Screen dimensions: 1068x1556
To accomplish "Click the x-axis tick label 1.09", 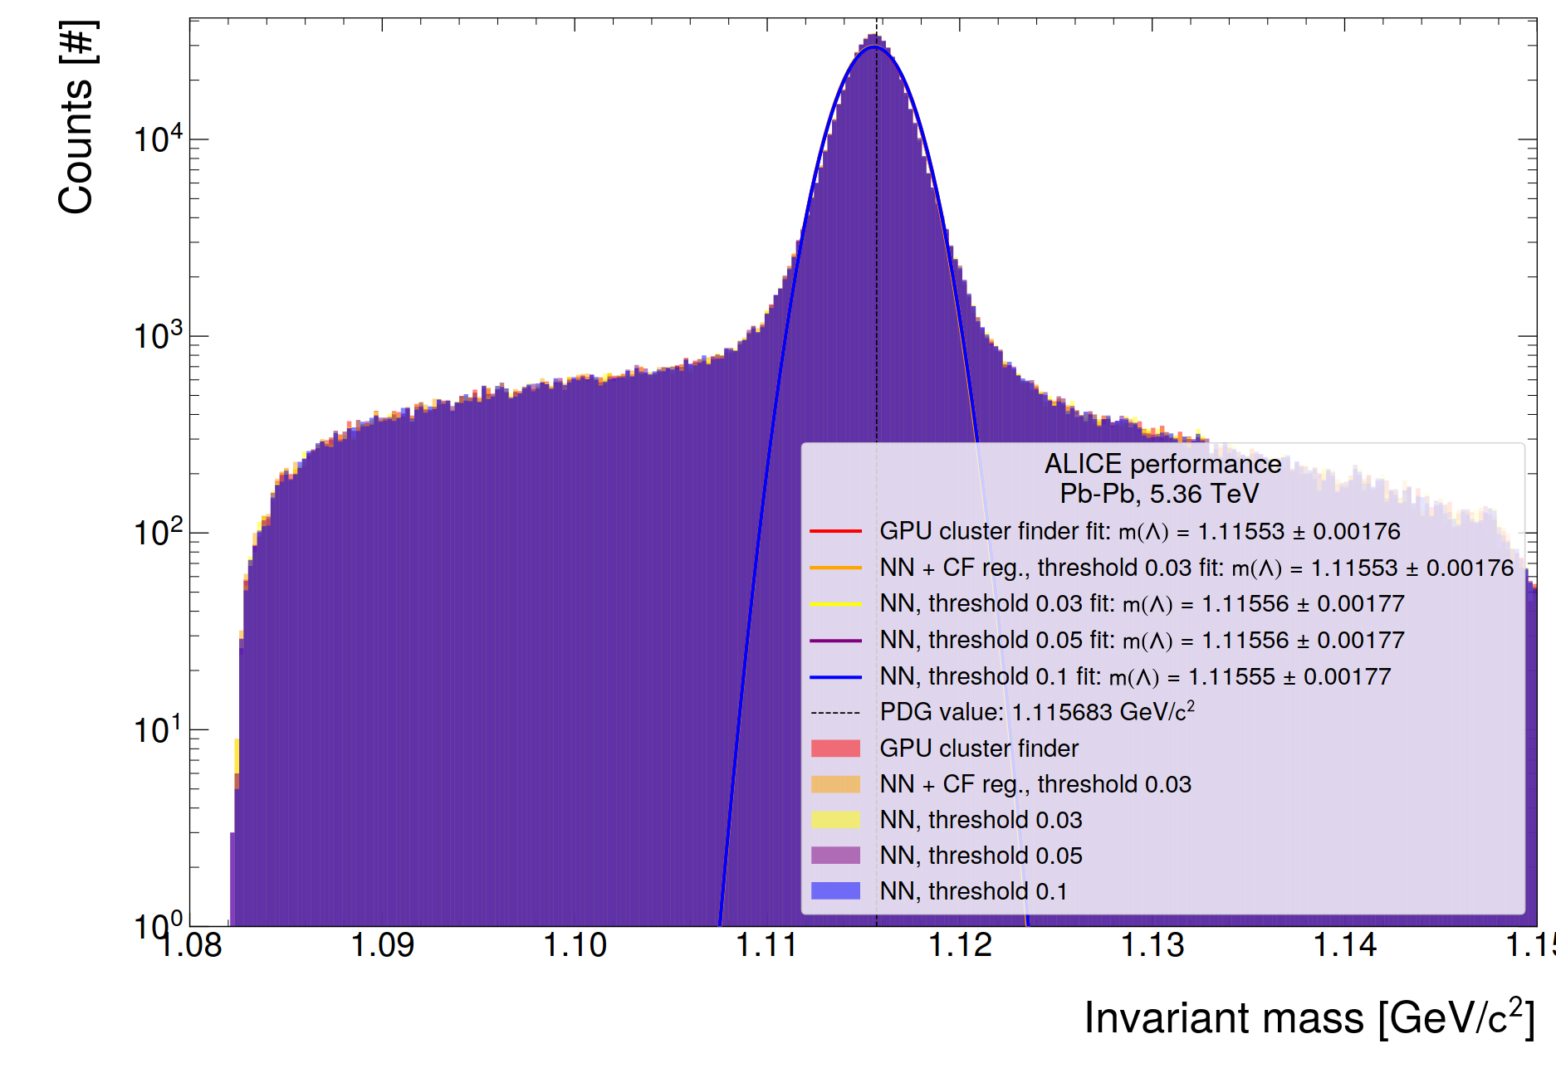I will pos(382,945).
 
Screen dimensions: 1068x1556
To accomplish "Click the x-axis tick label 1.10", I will pos(575,945).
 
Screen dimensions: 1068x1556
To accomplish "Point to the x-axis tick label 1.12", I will pos(960,945).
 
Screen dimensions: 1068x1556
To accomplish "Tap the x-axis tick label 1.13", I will pos(1152,945).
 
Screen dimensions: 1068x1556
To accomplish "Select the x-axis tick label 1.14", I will pos(1345,945).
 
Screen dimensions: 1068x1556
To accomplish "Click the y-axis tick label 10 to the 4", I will pos(158,139).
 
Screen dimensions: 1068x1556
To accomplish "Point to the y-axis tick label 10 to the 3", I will pos(158,336).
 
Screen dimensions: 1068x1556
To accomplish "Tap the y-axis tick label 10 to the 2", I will pos(158,532).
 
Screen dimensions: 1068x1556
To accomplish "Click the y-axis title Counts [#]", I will pos(76,118).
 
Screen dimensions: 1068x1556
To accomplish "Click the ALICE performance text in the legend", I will pos(1162,464).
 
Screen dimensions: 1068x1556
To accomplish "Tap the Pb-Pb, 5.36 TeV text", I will pos(1159,495).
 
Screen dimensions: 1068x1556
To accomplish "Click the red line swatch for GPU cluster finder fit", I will pos(835,531).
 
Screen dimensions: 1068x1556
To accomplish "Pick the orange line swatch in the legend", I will pos(835,568).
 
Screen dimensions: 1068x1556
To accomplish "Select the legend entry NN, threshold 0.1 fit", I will pos(1134,677).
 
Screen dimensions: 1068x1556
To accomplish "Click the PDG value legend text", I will pos(1037,712).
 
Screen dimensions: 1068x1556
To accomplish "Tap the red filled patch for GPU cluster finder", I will pos(835,749).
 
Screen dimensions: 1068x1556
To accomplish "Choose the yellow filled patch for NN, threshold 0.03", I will pos(835,820).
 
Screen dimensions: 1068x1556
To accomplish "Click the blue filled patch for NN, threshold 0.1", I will pos(835,891).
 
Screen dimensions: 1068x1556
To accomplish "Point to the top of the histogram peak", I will pos(873,35).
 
